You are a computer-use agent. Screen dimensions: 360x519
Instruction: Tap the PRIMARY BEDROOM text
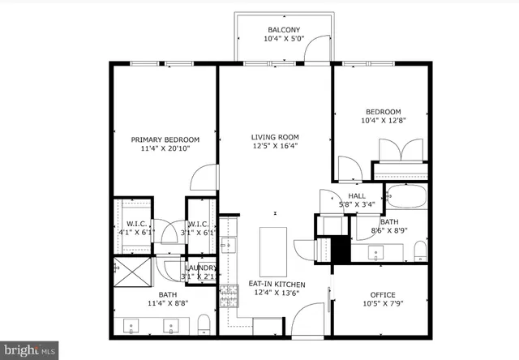click(x=165, y=139)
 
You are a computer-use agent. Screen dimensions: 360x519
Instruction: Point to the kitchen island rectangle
click(x=272, y=251)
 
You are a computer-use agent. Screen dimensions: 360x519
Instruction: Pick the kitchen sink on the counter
click(x=228, y=245)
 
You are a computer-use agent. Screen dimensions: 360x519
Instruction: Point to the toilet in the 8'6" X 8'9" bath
click(x=419, y=251)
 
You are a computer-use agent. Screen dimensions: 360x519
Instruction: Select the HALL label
click(x=357, y=196)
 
